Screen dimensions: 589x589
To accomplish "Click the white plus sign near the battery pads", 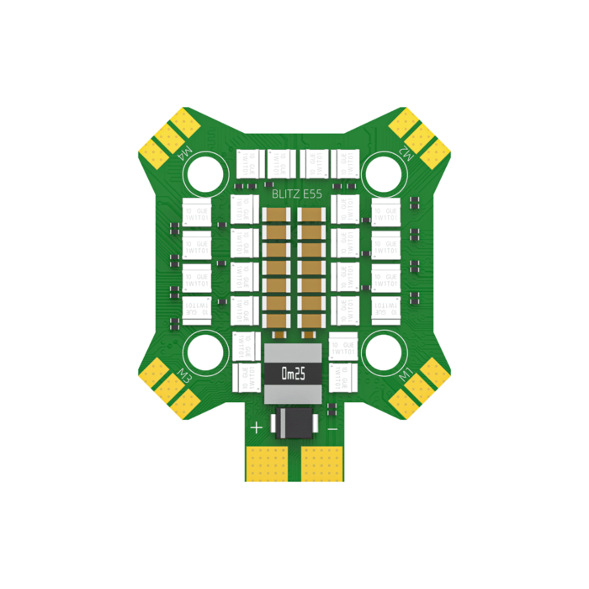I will (x=256, y=427).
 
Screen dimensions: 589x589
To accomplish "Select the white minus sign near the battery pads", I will (x=332, y=428).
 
